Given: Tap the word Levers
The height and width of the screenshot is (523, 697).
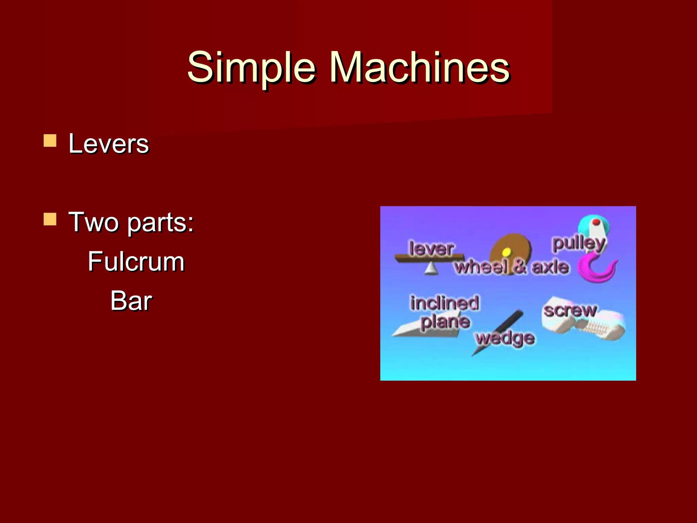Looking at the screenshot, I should (109, 144).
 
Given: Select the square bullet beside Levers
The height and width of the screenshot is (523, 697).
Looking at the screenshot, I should (50, 140).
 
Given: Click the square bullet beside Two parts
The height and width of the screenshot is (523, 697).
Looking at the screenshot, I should (50, 219).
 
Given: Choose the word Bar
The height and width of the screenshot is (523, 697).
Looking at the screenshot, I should (131, 301).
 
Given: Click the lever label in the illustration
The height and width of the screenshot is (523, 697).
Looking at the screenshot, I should (431, 248).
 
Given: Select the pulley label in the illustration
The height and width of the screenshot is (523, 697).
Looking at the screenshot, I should (579, 243).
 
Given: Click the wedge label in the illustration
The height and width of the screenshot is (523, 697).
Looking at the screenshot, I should (505, 338).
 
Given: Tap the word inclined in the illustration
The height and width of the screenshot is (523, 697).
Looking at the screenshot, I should (444, 303).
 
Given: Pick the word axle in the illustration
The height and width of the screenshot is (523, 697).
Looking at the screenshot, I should (550, 267).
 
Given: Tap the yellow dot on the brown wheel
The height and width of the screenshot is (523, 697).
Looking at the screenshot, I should (506, 252).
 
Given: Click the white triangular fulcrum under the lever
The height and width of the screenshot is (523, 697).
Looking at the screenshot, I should (431, 269).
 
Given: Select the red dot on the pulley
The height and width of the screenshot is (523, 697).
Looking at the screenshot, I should (596, 222).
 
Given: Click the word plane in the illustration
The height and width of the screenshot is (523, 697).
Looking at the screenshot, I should (445, 322).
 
